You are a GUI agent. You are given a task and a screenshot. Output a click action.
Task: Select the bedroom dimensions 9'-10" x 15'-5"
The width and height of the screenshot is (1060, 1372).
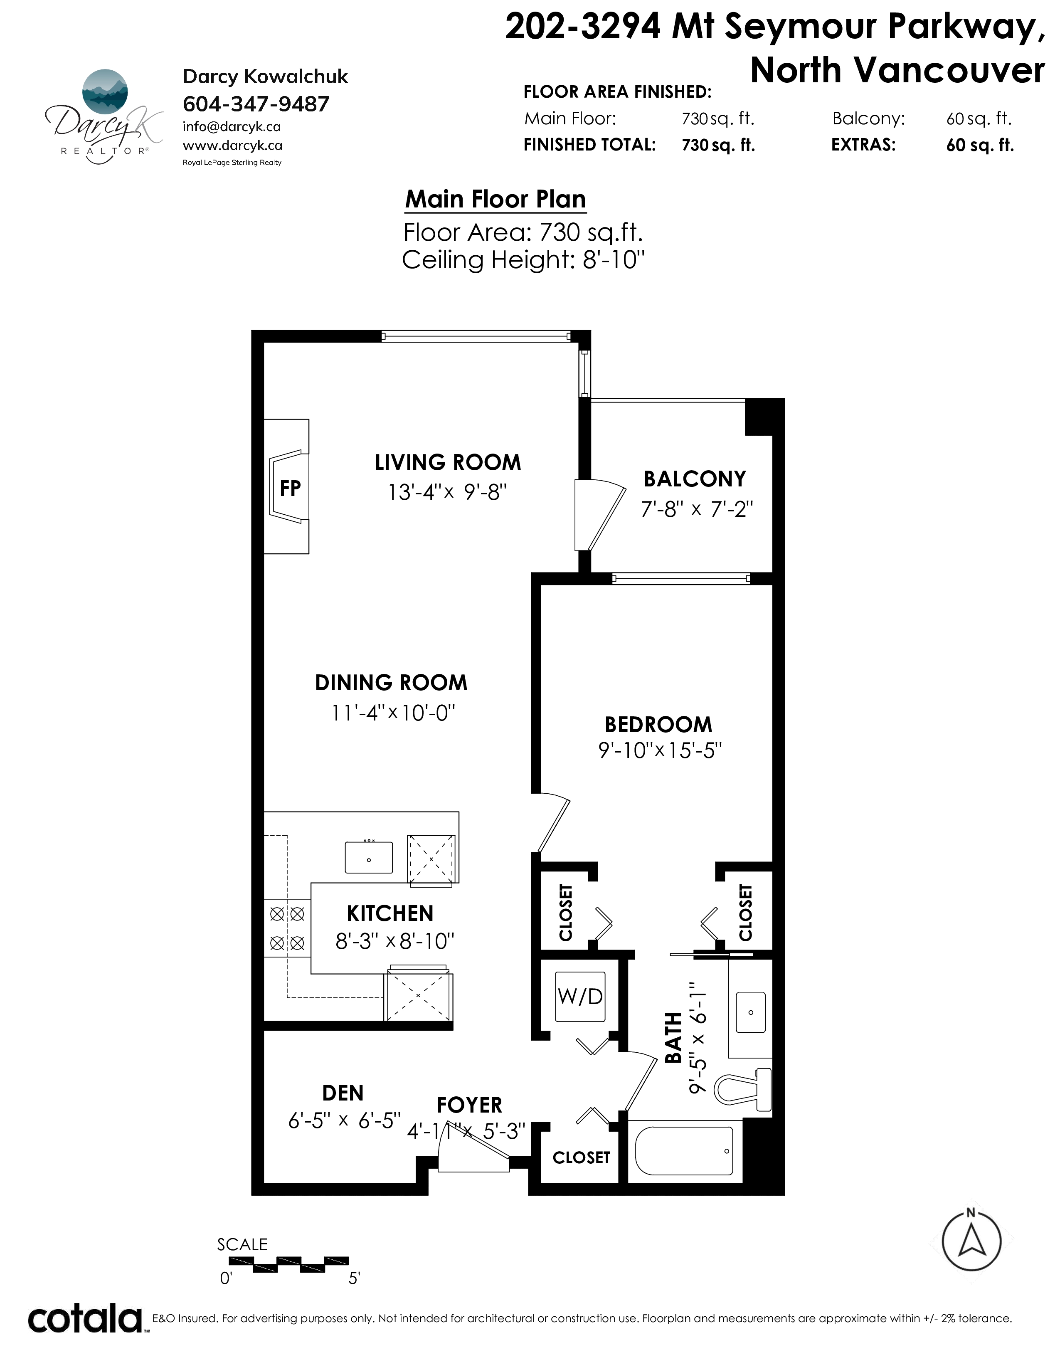click(x=660, y=750)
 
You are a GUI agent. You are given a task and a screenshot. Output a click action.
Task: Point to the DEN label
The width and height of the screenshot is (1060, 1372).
click(x=343, y=1093)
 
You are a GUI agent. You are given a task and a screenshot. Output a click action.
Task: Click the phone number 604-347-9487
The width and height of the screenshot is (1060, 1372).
click(x=256, y=104)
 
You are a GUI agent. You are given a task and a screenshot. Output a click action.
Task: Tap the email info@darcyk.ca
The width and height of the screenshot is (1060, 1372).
click(x=232, y=126)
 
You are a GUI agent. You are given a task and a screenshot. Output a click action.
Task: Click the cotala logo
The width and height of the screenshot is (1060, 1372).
click(x=85, y=1319)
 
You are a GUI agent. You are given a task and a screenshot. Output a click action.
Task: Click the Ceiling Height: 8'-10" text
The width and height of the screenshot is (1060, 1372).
click(x=523, y=259)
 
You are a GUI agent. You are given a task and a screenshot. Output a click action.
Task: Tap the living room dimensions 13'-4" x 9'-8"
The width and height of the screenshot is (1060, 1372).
click(x=447, y=492)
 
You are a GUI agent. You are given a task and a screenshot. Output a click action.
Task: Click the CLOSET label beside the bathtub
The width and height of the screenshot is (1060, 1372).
click(x=582, y=1157)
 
